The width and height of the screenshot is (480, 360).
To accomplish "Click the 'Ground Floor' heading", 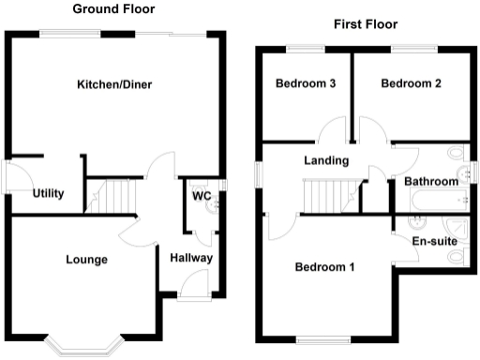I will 114,9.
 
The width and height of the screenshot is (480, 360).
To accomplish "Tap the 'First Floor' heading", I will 365,24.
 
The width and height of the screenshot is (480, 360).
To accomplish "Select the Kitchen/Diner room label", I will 114,84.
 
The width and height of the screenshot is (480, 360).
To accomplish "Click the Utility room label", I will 48,194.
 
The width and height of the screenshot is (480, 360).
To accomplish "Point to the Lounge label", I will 86,260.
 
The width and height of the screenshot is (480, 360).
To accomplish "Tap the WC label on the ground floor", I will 201,197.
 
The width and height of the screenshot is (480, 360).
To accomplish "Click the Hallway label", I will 191,258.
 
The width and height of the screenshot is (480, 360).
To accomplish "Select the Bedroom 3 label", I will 306,83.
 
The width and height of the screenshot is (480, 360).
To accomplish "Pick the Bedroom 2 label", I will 411,83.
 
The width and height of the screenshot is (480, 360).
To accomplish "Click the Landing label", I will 326,161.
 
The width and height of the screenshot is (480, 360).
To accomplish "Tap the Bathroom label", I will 430,181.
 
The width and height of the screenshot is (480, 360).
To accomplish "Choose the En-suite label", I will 434,241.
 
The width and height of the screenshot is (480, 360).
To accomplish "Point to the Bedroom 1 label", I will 324,267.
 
